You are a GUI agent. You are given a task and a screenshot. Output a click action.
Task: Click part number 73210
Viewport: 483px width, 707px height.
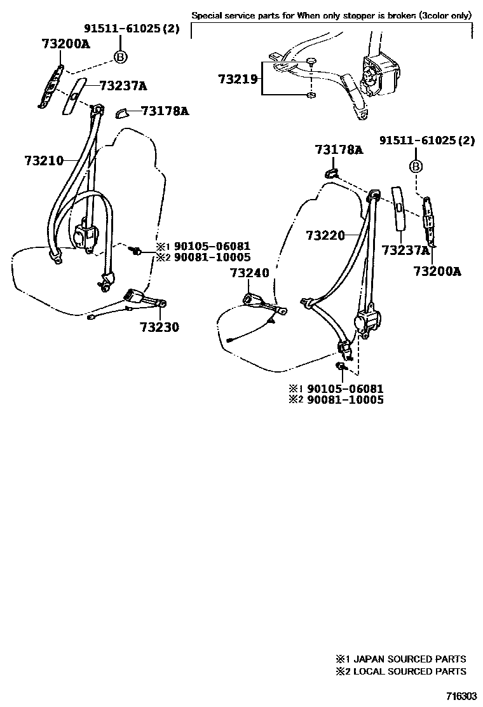point(44,160)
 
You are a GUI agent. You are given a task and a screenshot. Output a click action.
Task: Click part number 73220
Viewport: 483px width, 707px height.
point(325,236)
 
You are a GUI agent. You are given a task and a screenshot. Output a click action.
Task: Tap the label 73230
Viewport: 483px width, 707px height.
point(160,328)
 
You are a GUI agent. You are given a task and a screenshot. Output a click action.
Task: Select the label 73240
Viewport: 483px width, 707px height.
point(250,273)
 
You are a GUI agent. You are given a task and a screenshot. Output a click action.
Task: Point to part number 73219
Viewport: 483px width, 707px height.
point(238,79)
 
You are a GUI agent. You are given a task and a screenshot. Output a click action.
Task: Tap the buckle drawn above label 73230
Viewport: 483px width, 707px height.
point(137,297)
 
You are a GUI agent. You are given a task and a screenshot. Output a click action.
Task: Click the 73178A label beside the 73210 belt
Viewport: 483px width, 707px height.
point(165,111)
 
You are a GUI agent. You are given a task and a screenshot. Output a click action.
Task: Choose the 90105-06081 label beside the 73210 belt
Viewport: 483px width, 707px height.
point(203,246)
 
